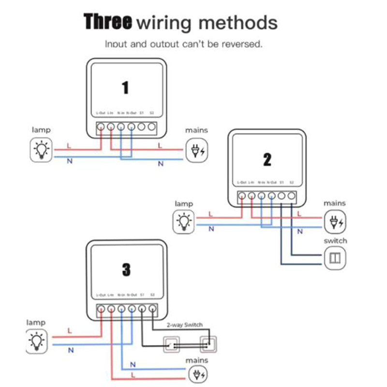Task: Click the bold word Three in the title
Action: click(x=108, y=22)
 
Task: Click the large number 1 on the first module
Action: click(x=125, y=88)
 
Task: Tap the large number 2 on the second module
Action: click(x=267, y=160)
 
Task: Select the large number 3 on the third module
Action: click(x=126, y=269)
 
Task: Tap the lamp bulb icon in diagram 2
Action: click(x=183, y=222)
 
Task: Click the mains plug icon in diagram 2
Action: click(x=335, y=222)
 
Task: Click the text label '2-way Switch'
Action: click(x=184, y=325)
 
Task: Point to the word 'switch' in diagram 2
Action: click(x=335, y=240)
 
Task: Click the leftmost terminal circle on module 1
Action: click(x=101, y=127)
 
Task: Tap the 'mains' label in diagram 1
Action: click(x=196, y=130)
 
